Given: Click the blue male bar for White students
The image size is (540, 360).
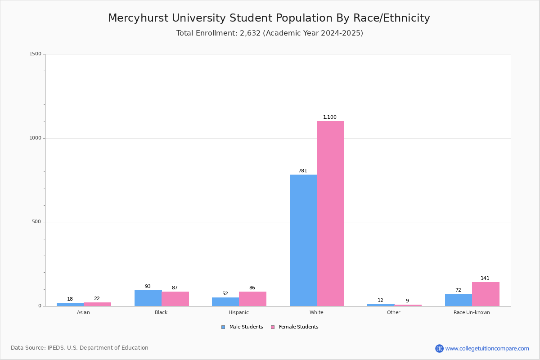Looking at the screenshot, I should (303, 240).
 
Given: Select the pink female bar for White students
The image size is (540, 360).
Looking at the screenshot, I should (330, 213).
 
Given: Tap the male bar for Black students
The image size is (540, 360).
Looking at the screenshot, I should (148, 298).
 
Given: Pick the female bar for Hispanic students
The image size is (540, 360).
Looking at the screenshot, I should (252, 299).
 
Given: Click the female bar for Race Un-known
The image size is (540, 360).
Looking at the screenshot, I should (486, 294).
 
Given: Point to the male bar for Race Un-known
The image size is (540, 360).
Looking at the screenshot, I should (458, 300).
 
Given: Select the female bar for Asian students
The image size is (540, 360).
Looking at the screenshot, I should (97, 304).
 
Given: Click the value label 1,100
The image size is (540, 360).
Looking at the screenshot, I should (330, 117).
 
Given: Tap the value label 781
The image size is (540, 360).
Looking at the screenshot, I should (302, 171).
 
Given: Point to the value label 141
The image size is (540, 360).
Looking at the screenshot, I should (485, 279).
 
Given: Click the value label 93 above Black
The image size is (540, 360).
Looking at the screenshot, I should (148, 287).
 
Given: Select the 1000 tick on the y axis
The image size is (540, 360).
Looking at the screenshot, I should (35, 138).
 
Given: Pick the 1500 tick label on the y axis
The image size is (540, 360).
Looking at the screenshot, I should (35, 54).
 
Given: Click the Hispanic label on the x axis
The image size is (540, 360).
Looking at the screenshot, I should (238, 312).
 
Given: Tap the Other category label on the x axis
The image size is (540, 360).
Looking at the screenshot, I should (393, 312).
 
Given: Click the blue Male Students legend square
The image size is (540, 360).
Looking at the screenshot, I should (223, 327).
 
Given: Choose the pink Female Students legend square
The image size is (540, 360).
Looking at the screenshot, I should (273, 327).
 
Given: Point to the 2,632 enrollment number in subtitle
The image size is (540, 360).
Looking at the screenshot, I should (250, 33).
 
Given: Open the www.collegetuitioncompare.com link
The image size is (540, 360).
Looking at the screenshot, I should (487, 348).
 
